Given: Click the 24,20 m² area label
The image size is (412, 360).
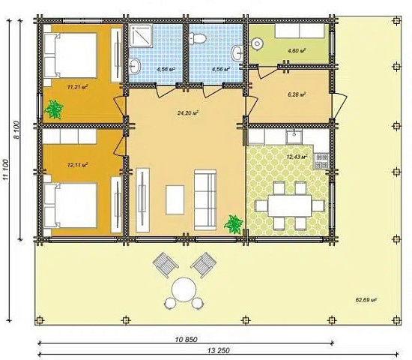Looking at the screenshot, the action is click(187, 113).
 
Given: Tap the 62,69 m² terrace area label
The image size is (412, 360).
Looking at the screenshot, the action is click(366, 299).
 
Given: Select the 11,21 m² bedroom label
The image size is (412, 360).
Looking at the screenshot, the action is click(77, 87).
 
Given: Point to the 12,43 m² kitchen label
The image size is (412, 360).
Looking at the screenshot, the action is click(297, 157).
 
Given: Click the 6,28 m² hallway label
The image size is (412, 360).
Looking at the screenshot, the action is click(297, 94).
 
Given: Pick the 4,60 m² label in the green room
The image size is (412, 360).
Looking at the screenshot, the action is click(297, 50).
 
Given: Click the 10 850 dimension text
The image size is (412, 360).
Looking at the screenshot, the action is click(186, 340).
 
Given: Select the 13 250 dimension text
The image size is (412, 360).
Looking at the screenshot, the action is click(218, 350).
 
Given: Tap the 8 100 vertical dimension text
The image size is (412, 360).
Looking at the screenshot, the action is click(16, 130).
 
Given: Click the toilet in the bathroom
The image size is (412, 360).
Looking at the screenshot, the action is click(198, 38).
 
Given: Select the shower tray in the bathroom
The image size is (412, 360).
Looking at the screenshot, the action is click(141, 36).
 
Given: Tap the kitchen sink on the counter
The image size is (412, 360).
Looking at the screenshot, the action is click(294, 136).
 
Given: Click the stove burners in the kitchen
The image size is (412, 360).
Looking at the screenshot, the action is click(322, 160).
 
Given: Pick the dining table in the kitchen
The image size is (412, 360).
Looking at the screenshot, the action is click(290, 205).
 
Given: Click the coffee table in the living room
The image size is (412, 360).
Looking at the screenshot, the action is click(175, 199).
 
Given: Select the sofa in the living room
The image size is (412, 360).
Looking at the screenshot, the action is click(205, 199).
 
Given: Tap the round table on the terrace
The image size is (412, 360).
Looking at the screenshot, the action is click(184, 289).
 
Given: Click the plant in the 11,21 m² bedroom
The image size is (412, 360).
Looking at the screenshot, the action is click(54, 109).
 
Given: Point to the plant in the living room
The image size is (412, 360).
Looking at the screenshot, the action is click(233, 224).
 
